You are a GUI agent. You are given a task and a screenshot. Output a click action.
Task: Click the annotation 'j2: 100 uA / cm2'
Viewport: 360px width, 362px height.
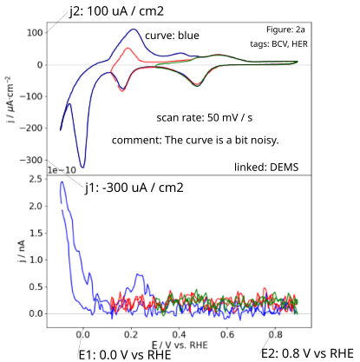point(116,11)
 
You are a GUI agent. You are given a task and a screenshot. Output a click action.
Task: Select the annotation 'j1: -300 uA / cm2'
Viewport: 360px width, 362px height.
point(134,188)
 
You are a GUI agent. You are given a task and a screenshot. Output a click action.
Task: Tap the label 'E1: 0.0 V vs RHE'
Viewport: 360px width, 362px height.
point(125,355)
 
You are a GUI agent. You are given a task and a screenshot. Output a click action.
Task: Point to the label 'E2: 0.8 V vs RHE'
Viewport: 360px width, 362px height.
point(307,353)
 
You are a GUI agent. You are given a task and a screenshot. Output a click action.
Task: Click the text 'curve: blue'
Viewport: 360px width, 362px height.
point(172,36)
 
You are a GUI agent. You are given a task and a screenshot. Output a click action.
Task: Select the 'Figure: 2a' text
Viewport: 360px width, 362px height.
point(285,30)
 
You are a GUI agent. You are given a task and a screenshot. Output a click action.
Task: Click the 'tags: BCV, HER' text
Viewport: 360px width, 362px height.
point(278,44)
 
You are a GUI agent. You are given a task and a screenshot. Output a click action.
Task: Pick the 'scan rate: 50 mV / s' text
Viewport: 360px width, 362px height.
point(205,118)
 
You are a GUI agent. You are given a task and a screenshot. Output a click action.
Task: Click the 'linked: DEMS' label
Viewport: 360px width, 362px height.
point(266,168)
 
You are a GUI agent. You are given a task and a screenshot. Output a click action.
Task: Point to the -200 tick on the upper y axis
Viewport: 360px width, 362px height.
point(31,128)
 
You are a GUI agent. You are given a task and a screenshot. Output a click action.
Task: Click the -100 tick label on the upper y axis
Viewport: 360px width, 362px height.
point(31,96)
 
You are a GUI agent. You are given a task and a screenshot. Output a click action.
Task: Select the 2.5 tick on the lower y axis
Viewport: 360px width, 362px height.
point(36,179)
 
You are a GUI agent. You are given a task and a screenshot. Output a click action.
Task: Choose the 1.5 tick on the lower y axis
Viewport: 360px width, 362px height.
point(36,233)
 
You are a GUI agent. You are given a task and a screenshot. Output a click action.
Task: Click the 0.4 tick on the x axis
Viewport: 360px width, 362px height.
point(180,335)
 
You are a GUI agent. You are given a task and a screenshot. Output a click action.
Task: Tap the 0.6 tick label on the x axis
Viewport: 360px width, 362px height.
point(227,335)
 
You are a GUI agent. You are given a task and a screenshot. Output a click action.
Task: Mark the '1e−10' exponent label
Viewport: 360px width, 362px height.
point(62,170)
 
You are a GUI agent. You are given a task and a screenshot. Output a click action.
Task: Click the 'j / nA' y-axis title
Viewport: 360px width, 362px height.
point(22,251)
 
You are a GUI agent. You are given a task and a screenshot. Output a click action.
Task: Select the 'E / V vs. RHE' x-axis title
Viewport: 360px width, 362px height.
point(180,345)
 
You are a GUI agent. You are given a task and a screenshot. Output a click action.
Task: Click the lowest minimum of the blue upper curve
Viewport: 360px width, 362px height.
point(83,168)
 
